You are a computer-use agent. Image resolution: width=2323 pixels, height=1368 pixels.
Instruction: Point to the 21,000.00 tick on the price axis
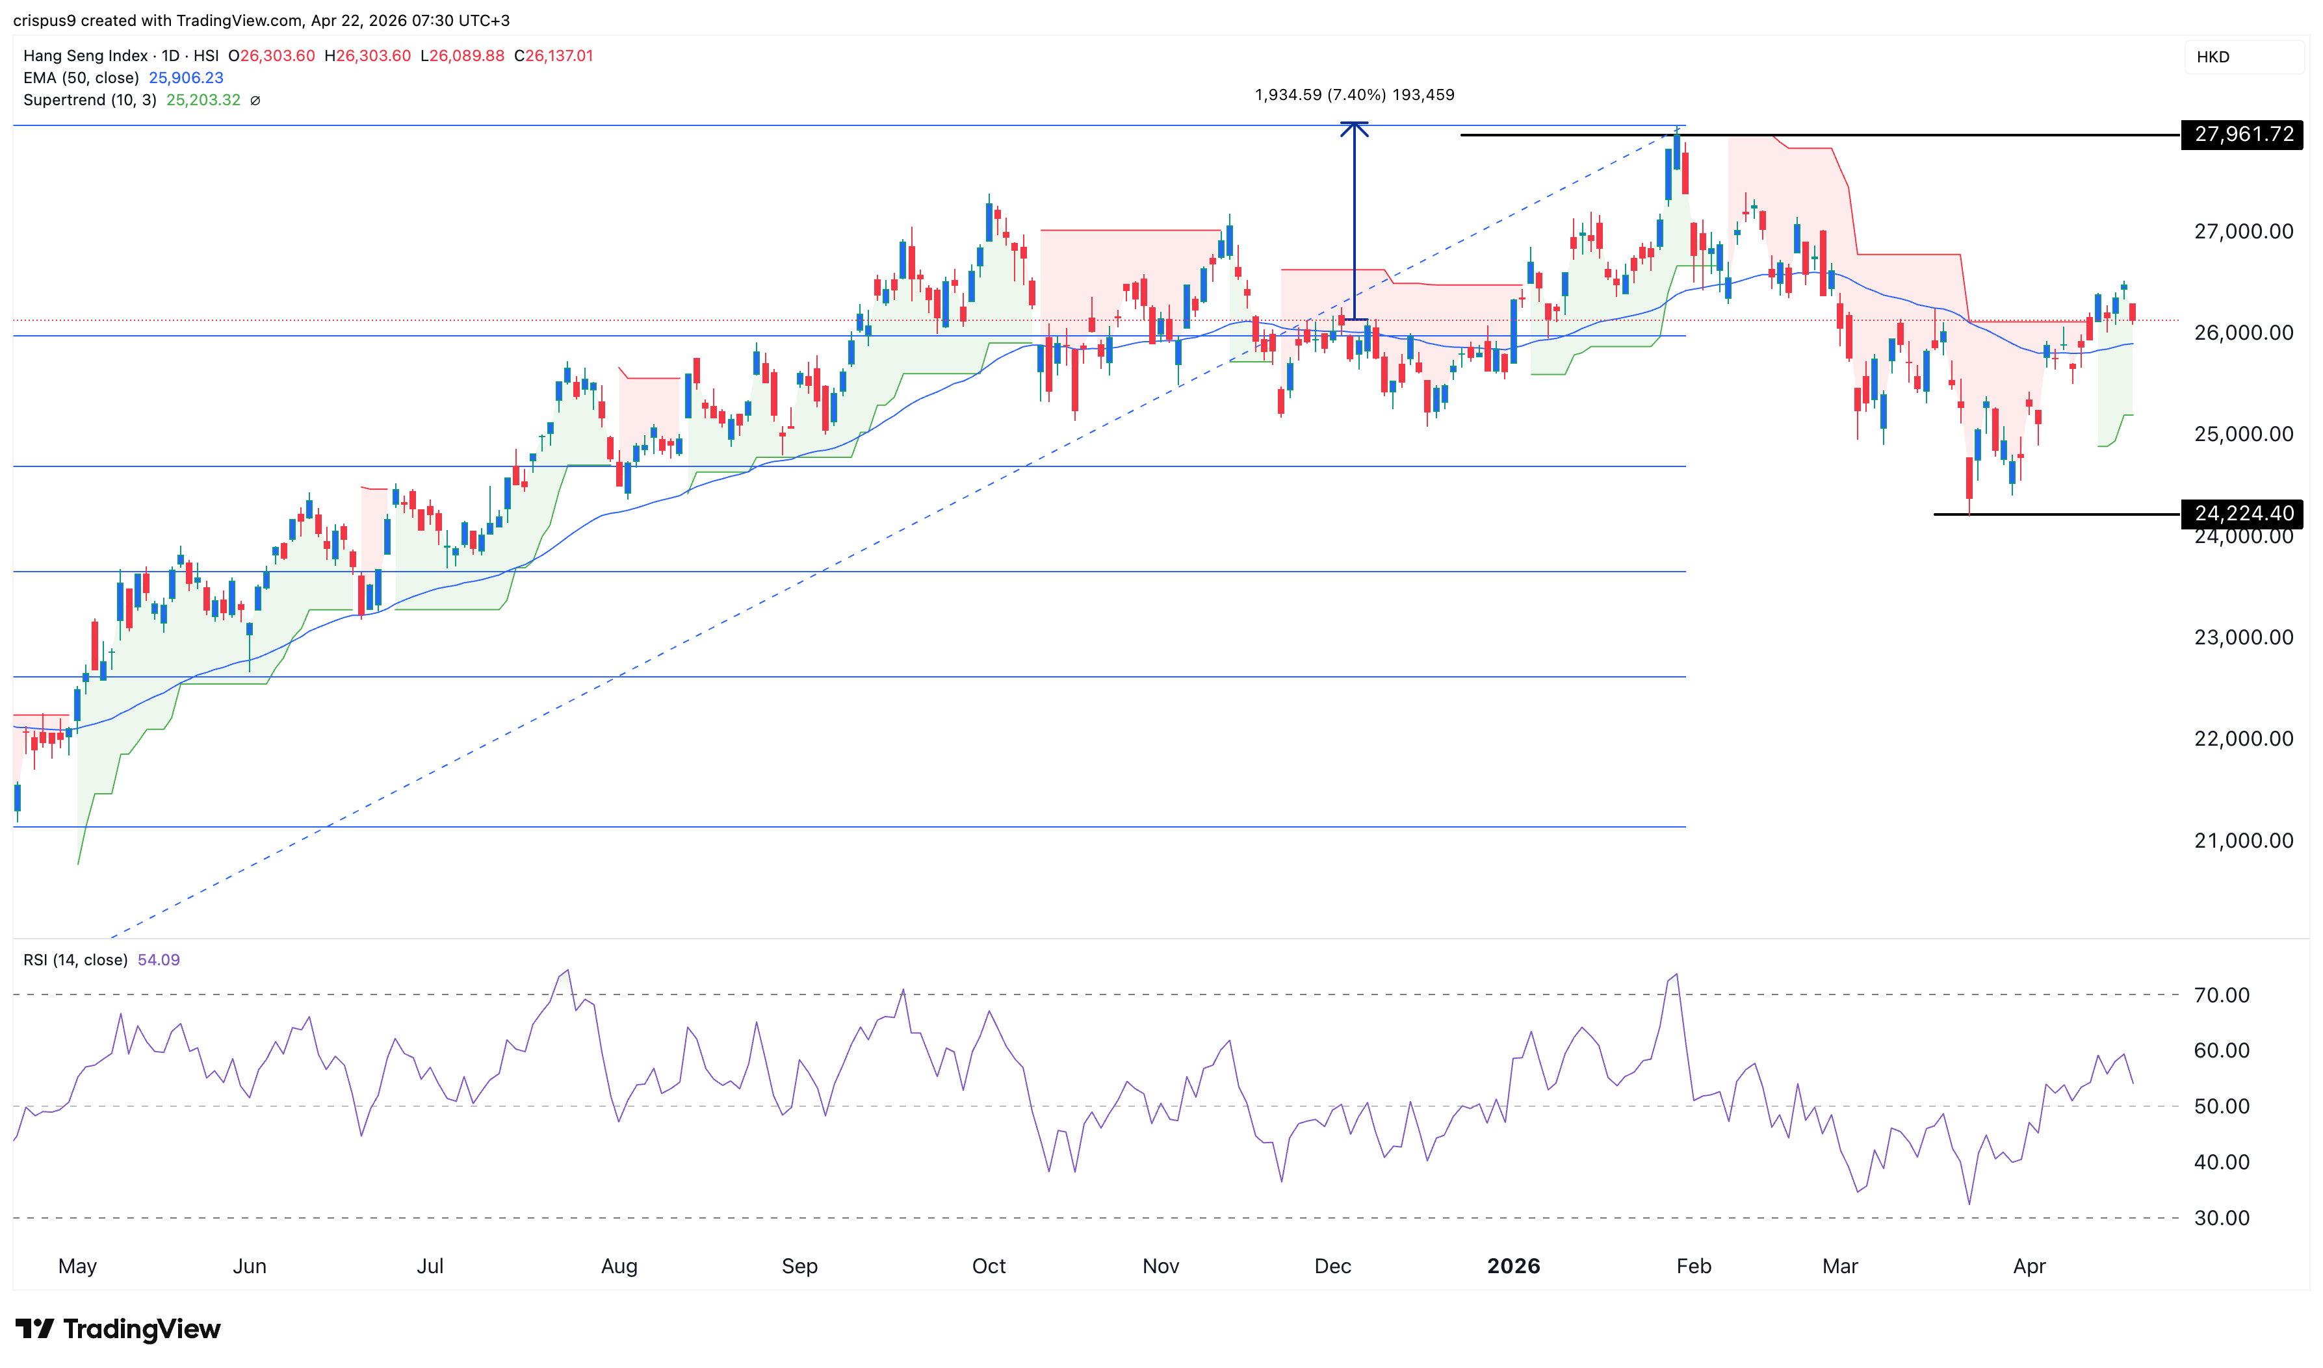(x=2243, y=841)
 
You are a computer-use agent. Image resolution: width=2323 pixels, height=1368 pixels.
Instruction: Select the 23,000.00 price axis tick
(x=2243, y=638)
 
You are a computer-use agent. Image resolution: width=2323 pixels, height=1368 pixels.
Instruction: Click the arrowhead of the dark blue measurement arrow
(x=1354, y=127)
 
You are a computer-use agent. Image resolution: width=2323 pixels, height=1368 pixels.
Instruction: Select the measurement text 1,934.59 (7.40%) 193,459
(x=1354, y=95)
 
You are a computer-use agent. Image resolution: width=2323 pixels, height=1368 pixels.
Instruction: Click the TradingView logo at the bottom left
(x=118, y=1329)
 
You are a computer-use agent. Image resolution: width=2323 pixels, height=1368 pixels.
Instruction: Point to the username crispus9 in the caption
(x=44, y=20)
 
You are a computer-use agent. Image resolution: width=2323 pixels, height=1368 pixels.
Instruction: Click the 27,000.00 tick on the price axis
(x=2243, y=231)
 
